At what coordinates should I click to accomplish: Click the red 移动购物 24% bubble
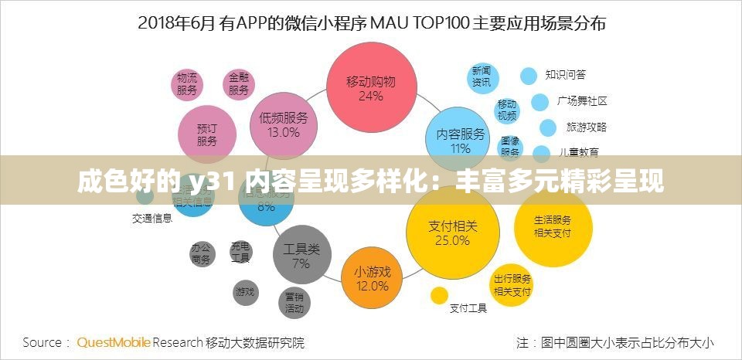tap(371, 88)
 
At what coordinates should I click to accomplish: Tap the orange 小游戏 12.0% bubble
tap(373, 278)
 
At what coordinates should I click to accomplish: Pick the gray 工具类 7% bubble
tap(301, 256)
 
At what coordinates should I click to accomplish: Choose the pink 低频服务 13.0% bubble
tap(284, 125)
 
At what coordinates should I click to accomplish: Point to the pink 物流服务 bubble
tap(187, 83)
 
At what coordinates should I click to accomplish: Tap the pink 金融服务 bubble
tap(238, 83)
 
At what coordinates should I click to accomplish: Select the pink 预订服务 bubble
tap(207, 134)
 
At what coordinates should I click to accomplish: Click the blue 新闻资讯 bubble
tap(482, 76)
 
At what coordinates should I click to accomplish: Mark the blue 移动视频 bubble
tap(507, 110)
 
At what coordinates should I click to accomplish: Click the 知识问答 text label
tap(565, 75)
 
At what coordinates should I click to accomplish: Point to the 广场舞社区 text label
tap(582, 101)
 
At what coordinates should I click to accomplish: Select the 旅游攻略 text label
tap(587, 127)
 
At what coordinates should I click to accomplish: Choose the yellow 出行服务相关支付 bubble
tap(512, 285)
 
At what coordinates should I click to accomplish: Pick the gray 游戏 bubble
tap(244, 291)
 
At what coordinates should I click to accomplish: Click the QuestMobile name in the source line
tap(114, 341)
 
